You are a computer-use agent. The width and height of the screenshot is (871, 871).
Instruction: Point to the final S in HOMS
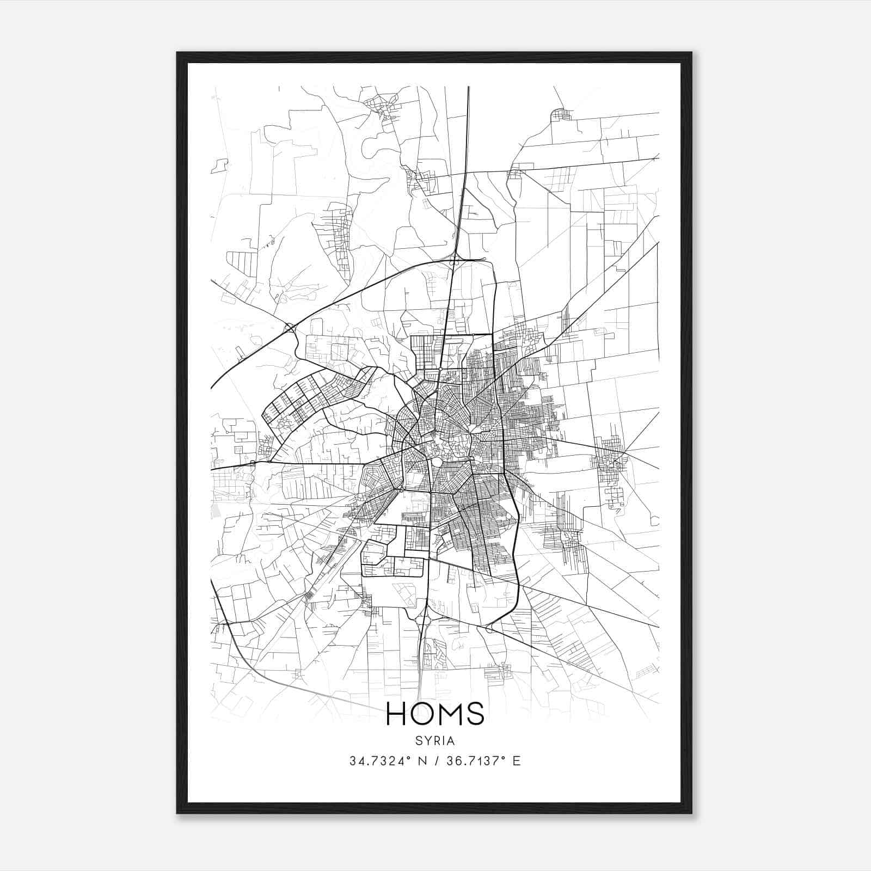[475, 714]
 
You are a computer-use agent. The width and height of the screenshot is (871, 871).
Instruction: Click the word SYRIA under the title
[436, 741]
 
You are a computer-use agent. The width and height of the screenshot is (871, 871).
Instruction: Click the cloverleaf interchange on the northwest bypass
[289, 328]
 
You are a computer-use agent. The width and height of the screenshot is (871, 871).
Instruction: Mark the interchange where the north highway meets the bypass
[455, 261]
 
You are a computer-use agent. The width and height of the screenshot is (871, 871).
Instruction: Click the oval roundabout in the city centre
[437, 462]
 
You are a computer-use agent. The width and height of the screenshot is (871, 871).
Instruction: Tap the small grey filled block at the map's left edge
[214, 511]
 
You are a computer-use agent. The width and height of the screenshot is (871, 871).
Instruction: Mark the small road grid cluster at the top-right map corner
[561, 114]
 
